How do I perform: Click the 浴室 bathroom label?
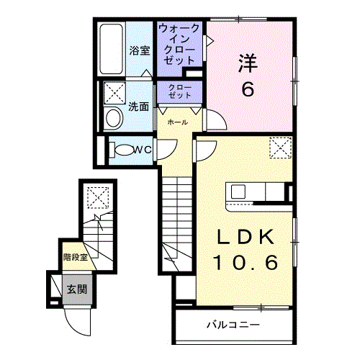click(x=140, y=51)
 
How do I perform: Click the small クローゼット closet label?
click(x=180, y=91)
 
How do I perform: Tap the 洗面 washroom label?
click(x=139, y=107)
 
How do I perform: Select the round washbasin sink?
click(x=113, y=119)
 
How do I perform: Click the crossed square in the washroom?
click(x=114, y=93)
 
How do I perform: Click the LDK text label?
click(x=245, y=238)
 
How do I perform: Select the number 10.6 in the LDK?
click(x=245, y=264)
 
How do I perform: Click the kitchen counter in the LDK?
click(x=256, y=193)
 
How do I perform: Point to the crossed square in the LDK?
click(x=279, y=148)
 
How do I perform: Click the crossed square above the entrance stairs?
click(x=96, y=197)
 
